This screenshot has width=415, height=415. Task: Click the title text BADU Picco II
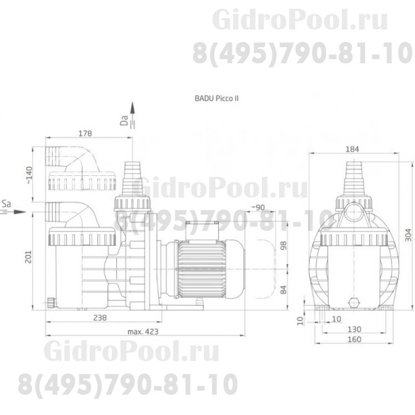pyautogui.click(x=216, y=97)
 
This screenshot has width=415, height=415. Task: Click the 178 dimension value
pyautogui.click(x=86, y=133)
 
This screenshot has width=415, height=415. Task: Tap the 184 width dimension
pyautogui.click(x=352, y=148)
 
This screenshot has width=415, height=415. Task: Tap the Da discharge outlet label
pyautogui.click(x=123, y=121)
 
